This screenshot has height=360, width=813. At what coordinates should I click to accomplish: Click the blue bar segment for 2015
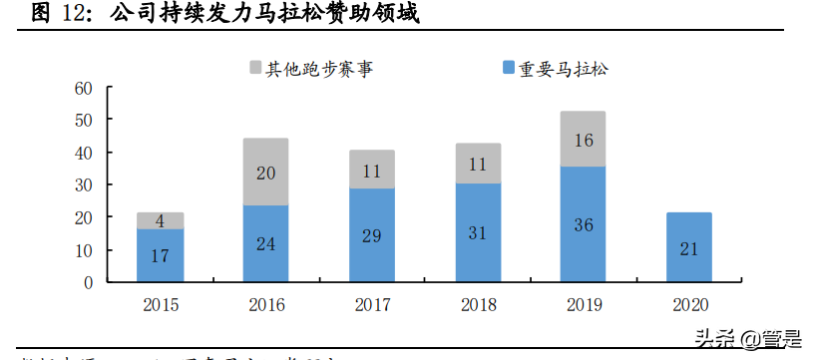pos(160,256)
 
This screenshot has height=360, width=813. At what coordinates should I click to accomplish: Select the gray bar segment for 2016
pos(265,172)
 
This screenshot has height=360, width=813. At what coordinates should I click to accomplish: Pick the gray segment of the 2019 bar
pos(583,139)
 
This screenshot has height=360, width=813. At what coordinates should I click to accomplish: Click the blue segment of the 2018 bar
pos(477,232)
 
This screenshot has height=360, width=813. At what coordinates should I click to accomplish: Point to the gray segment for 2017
pos(371,169)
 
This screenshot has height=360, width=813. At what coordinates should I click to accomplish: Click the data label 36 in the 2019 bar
pos(583,225)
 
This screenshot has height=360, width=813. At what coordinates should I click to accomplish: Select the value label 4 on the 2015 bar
pos(160,221)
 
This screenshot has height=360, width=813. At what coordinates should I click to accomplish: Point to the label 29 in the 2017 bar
pos(371,236)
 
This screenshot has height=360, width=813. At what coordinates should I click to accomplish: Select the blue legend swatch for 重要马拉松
pos(508,69)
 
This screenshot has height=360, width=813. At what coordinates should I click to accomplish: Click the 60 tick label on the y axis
pos(85,88)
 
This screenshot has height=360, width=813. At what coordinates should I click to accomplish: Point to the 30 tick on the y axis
pos(85,184)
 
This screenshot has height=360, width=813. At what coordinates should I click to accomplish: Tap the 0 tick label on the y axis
pos(89,282)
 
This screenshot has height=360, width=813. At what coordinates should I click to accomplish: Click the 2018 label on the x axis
pos(477,303)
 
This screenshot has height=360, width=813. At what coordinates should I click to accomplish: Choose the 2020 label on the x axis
pos(688,303)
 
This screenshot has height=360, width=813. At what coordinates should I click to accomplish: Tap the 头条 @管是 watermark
pos(748,339)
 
